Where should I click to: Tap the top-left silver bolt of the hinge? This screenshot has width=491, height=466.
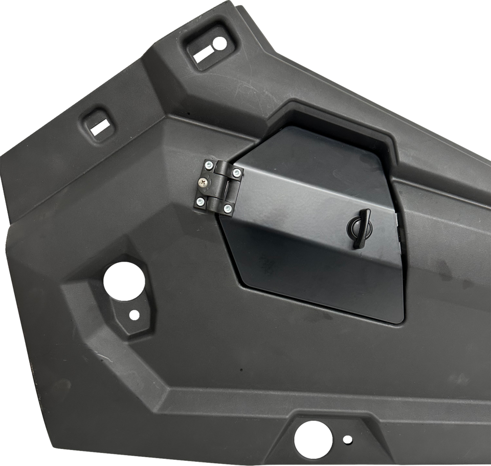[209, 164]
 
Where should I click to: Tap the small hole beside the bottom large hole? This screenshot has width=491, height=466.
[348, 439]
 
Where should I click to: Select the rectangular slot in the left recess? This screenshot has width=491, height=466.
[100, 125]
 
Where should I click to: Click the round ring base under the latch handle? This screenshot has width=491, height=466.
[355, 227]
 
